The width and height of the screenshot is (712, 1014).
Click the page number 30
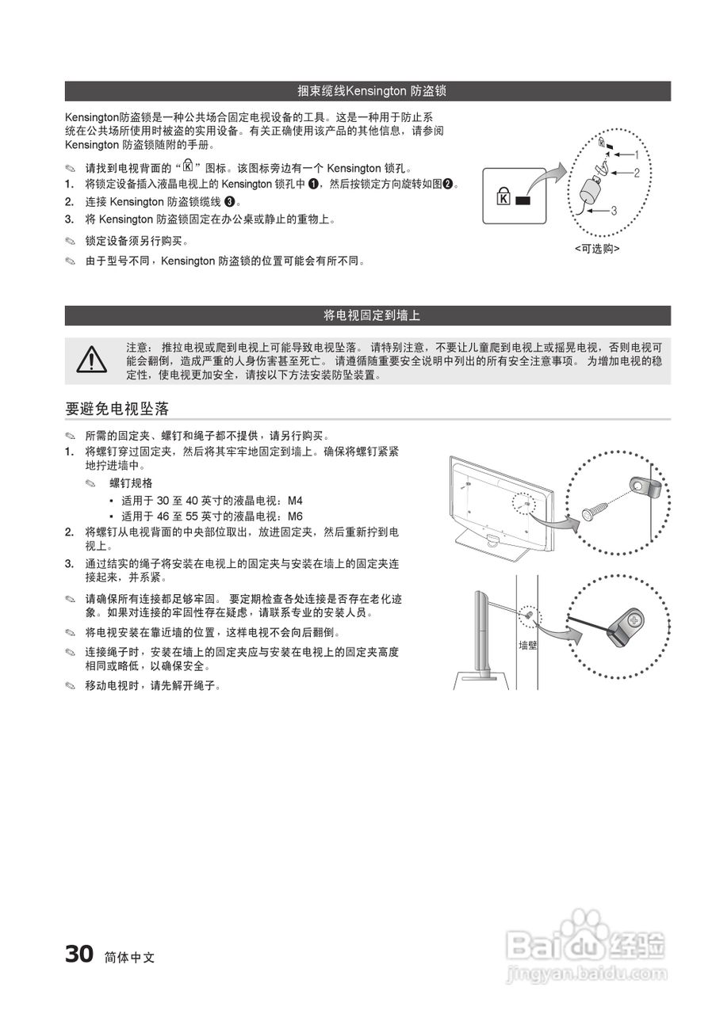pyautogui.click(x=79, y=955)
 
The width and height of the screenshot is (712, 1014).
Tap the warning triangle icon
pyautogui.click(x=91, y=360)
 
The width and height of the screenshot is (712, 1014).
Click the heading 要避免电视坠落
pyautogui.click(x=117, y=409)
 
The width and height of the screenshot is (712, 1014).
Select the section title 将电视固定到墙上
pyautogui.click(x=371, y=315)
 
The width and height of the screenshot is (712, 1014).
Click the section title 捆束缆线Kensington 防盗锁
pyautogui.click(x=371, y=91)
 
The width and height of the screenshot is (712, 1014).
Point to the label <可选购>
pyautogui.click(x=597, y=248)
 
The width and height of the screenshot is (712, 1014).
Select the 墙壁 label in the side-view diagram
pyautogui.click(x=528, y=645)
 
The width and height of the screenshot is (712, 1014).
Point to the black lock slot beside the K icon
pyautogui.click(x=521, y=200)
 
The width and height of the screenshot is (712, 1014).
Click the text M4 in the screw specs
pyautogui.click(x=294, y=501)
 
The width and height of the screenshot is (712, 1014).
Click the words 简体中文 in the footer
pyautogui.click(x=129, y=957)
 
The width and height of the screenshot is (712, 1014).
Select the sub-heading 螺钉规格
pyautogui.click(x=131, y=482)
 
